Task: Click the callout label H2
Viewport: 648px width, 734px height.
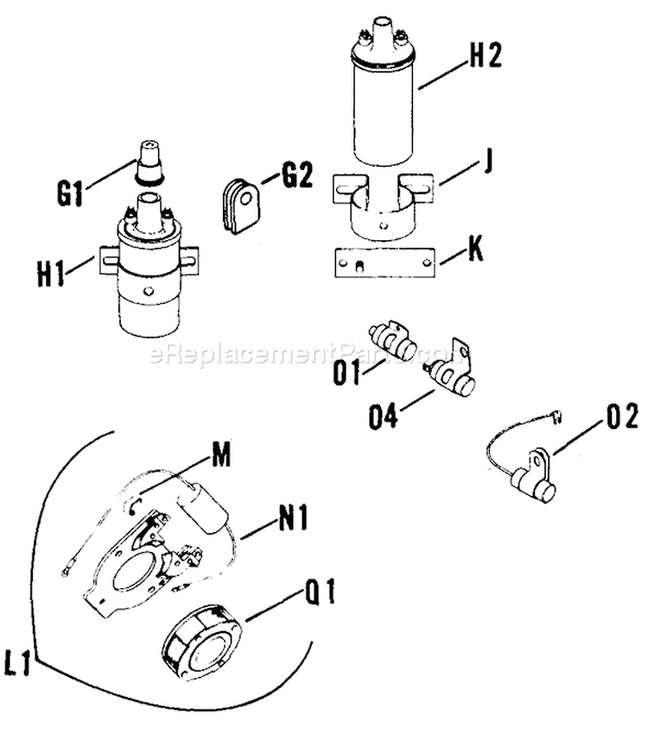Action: click(486, 56)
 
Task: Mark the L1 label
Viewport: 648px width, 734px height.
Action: click(19, 667)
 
